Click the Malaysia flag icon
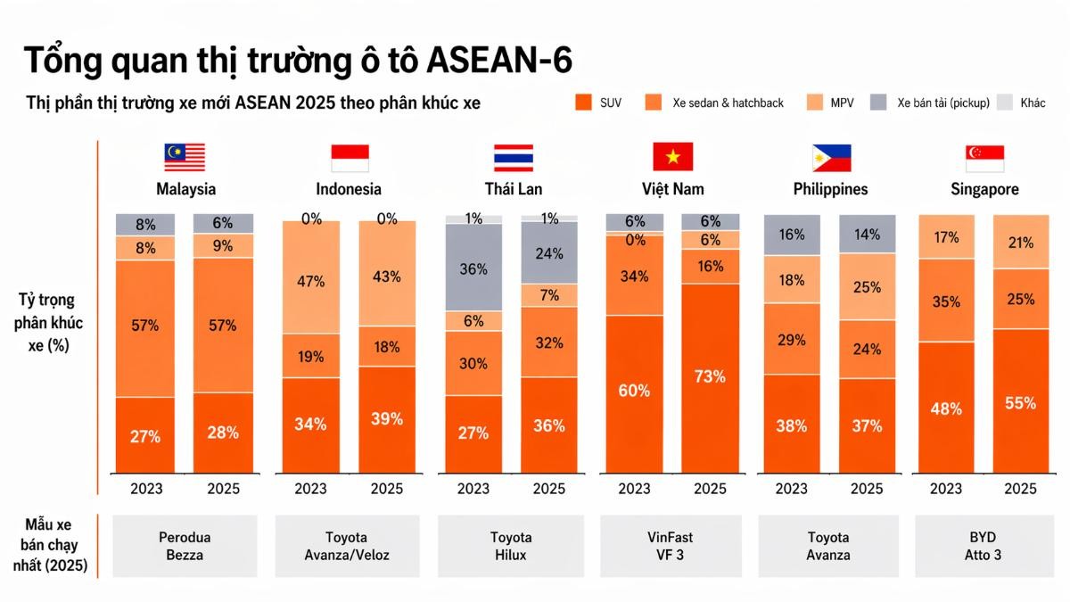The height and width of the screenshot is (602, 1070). point(185,158)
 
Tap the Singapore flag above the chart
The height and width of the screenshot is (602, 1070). point(984,158)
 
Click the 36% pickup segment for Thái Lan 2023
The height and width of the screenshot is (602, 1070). point(473,268)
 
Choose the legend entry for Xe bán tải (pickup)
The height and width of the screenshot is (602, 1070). point(931,103)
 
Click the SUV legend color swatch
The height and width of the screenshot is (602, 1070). point(584,103)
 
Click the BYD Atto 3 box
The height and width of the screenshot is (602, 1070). point(985,546)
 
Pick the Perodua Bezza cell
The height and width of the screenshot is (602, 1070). point(186,546)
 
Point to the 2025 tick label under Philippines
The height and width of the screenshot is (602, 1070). point(867,489)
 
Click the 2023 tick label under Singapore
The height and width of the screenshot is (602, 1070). point(945,489)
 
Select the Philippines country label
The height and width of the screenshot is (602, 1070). point(830,189)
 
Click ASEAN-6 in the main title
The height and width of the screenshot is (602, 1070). point(500,61)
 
